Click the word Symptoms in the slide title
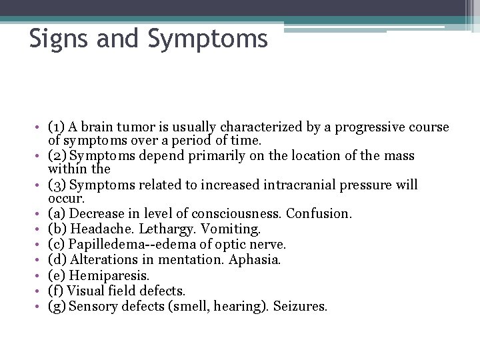point(208,39)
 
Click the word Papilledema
point(107,244)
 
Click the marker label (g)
point(57,306)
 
